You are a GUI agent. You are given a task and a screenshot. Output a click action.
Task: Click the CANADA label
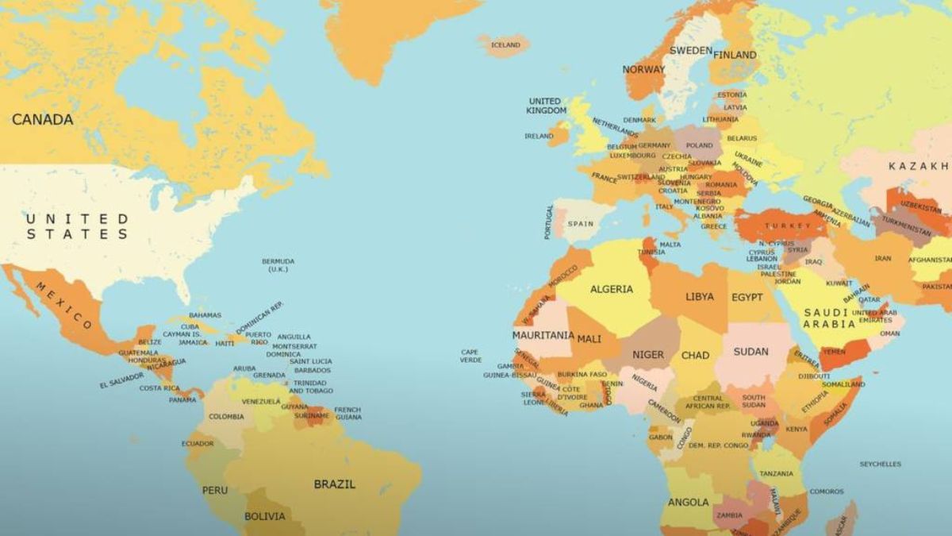click(x=42, y=120)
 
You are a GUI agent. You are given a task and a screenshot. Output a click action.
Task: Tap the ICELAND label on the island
click(x=505, y=45)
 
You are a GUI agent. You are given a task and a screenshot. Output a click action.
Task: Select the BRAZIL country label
click(x=334, y=484)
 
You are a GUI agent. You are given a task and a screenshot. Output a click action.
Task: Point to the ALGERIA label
click(x=611, y=289)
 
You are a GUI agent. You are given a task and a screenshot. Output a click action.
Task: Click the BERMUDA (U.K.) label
click(x=278, y=265)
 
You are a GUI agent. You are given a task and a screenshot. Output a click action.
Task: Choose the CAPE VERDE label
click(x=470, y=356)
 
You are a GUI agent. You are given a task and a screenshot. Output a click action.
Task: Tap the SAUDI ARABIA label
click(x=829, y=318)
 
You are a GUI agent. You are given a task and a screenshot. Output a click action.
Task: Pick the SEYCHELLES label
click(x=880, y=464)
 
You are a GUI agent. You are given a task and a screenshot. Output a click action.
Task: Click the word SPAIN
click(x=580, y=224)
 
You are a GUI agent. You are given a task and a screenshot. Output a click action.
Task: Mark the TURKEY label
click(x=787, y=226)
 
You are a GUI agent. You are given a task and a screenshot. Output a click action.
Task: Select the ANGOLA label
click(x=688, y=502)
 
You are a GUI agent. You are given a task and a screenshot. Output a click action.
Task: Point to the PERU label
click(x=214, y=490)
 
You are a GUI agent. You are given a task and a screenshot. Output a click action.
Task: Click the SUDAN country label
click(x=750, y=352)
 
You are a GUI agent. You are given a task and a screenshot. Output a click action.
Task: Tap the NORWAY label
click(x=643, y=70)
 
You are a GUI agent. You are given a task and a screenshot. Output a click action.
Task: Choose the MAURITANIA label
click(x=543, y=335)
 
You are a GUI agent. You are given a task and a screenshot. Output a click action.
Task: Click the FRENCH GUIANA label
click(x=347, y=413)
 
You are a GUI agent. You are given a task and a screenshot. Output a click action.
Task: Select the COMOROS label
click(x=827, y=491)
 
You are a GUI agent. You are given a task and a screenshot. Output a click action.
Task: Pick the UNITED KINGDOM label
click(x=547, y=106)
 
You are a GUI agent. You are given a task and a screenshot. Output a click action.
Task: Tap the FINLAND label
click(x=735, y=55)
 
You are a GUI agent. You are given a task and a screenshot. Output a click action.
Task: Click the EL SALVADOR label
click(x=121, y=380)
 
